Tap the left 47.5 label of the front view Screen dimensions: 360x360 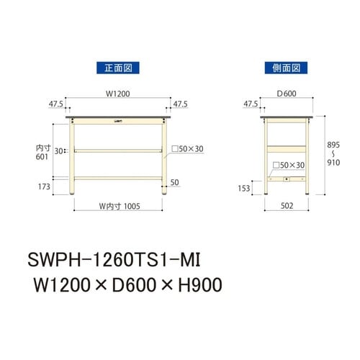[55, 104]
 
